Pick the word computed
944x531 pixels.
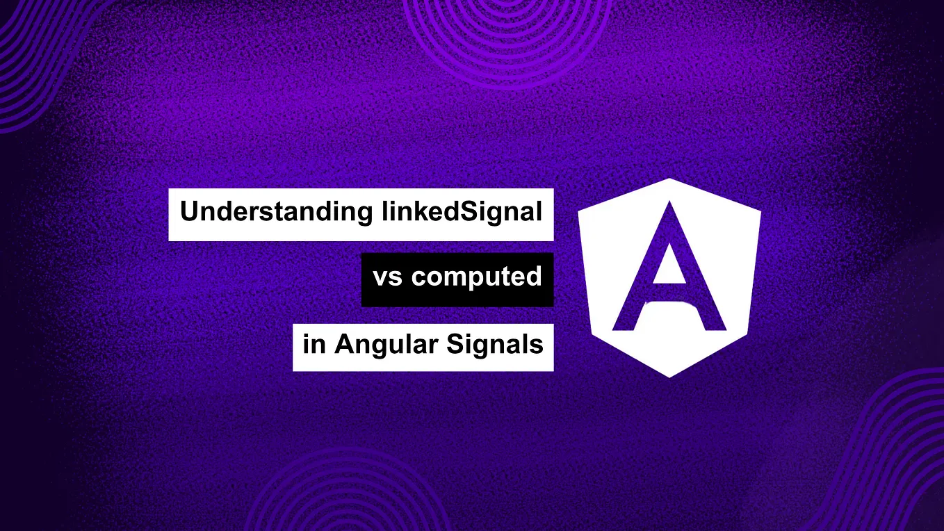(x=476, y=277)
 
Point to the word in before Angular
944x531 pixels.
(x=314, y=345)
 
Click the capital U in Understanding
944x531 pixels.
(x=188, y=212)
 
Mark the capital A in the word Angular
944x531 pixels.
(x=344, y=345)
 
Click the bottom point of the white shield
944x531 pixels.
(x=669, y=375)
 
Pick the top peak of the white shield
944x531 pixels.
(x=669, y=180)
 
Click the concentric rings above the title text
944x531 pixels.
(x=505, y=28)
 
